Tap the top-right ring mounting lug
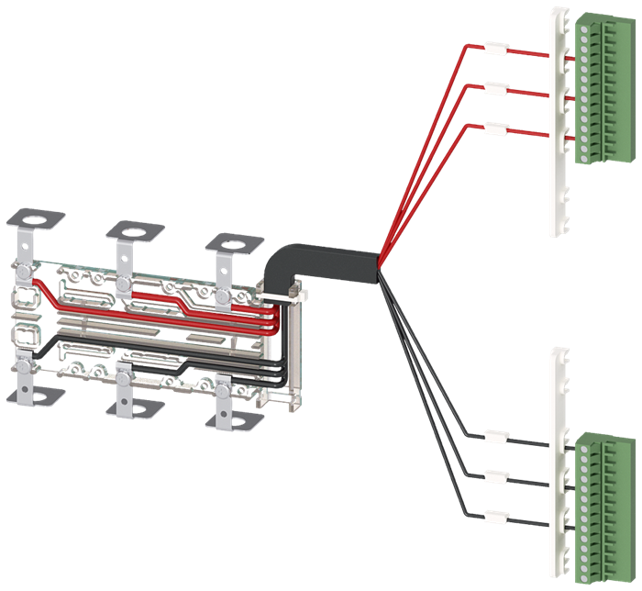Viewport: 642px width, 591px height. coord(228,242)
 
